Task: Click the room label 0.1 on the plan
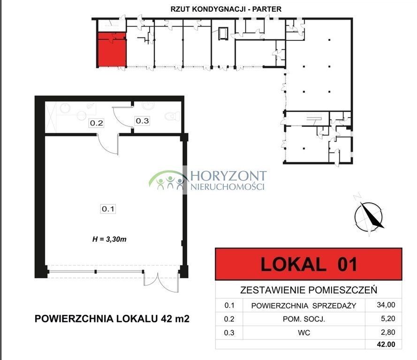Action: [x=108, y=209]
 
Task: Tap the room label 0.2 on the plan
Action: [x=97, y=124]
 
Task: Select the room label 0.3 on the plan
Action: [x=142, y=120]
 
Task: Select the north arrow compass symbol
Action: [x=369, y=215]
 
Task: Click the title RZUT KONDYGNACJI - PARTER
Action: [x=222, y=9]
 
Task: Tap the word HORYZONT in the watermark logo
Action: [x=228, y=176]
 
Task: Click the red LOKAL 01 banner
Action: [x=308, y=264]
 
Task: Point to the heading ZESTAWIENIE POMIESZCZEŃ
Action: [x=309, y=290]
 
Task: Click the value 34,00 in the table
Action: [x=386, y=305]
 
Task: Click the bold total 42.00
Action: [x=386, y=345]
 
